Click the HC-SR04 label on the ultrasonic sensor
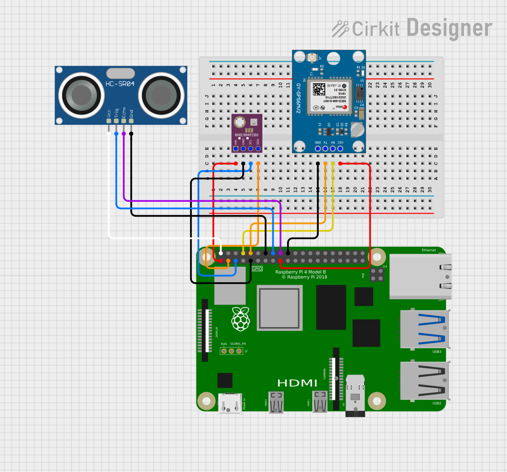click(x=120, y=85)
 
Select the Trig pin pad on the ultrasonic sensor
click(x=116, y=121)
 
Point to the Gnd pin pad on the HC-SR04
click(x=131, y=121)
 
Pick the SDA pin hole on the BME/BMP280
click(x=258, y=149)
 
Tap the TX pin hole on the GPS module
click(x=325, y=149)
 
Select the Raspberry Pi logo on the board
click(x=240, y=319)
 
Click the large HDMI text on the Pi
click(x=297, y=383)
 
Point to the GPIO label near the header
click(x=257, y=269)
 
